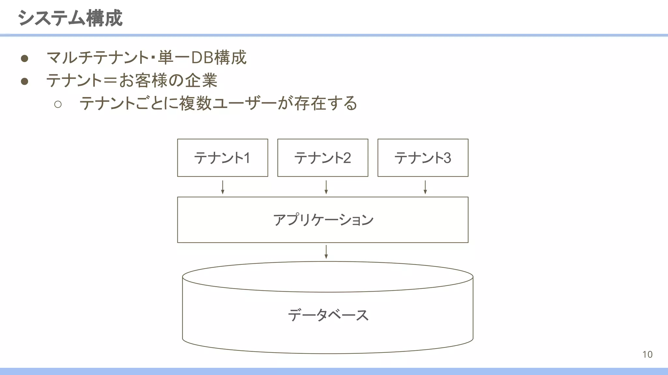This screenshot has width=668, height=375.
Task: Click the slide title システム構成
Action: pos(70,18)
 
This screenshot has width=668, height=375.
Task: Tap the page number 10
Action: pos(647,354)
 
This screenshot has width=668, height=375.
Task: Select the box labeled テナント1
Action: pos(222,158)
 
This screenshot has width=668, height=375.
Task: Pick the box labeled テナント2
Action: pos(323,158)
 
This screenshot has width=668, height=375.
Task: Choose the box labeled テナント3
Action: pos(423,158)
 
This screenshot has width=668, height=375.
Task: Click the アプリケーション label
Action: pos(323,220)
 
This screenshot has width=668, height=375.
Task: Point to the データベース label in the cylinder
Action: pos(328,315)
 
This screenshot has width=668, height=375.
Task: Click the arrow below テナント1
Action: pos(222,187)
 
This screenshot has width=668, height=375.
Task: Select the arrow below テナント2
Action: pos(326,187)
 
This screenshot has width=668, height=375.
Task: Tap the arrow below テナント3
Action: pos(425,187)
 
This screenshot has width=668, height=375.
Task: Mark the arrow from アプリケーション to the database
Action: pos(326,252)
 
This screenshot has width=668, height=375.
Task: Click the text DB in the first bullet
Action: pos(202,58)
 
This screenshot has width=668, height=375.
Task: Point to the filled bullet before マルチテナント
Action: pos(24,59)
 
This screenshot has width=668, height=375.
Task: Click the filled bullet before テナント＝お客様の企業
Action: pos(24,81)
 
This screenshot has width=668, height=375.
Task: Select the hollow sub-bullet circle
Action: pos(58,104)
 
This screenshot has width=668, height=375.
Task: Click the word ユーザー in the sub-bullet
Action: pos(245,104)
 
